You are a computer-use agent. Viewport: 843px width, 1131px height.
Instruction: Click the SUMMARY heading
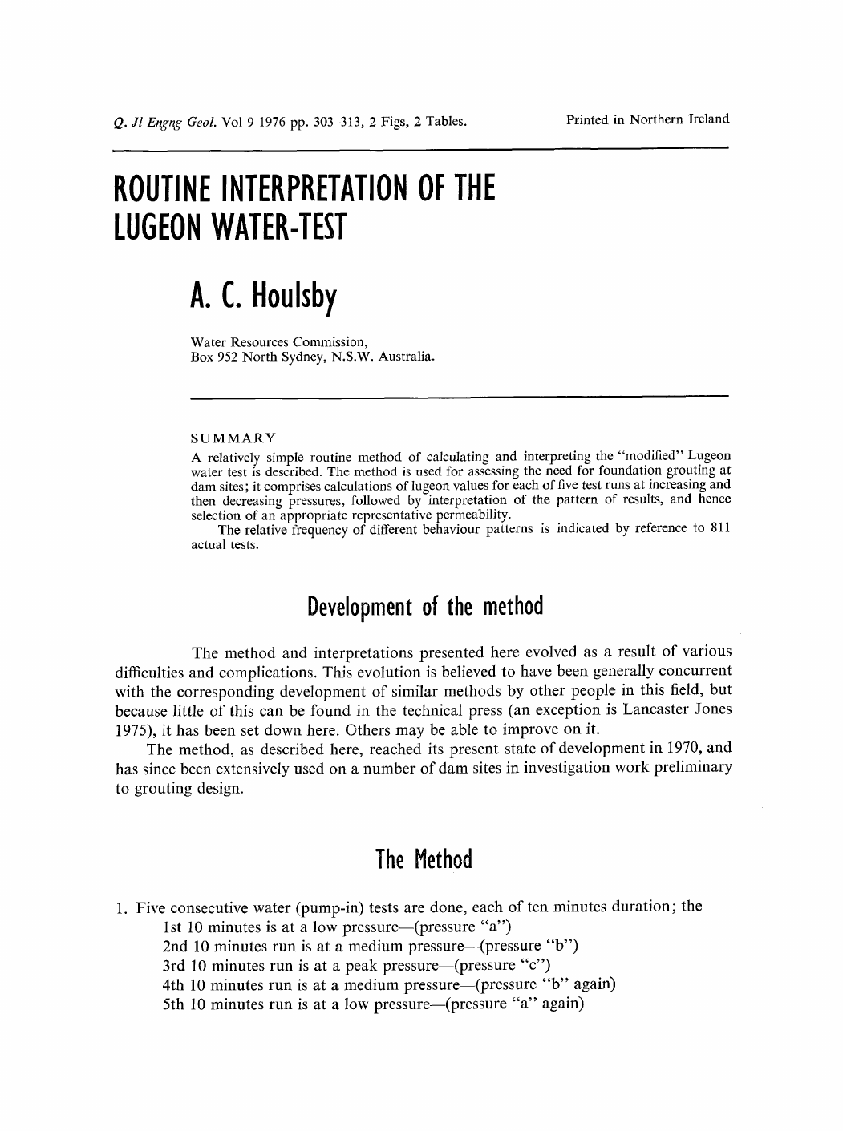233,438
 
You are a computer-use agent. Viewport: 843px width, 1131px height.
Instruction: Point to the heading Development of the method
426,605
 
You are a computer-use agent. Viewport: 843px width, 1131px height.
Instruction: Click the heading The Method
424,860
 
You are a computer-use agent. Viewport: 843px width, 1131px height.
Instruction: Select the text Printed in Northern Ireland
647,120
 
